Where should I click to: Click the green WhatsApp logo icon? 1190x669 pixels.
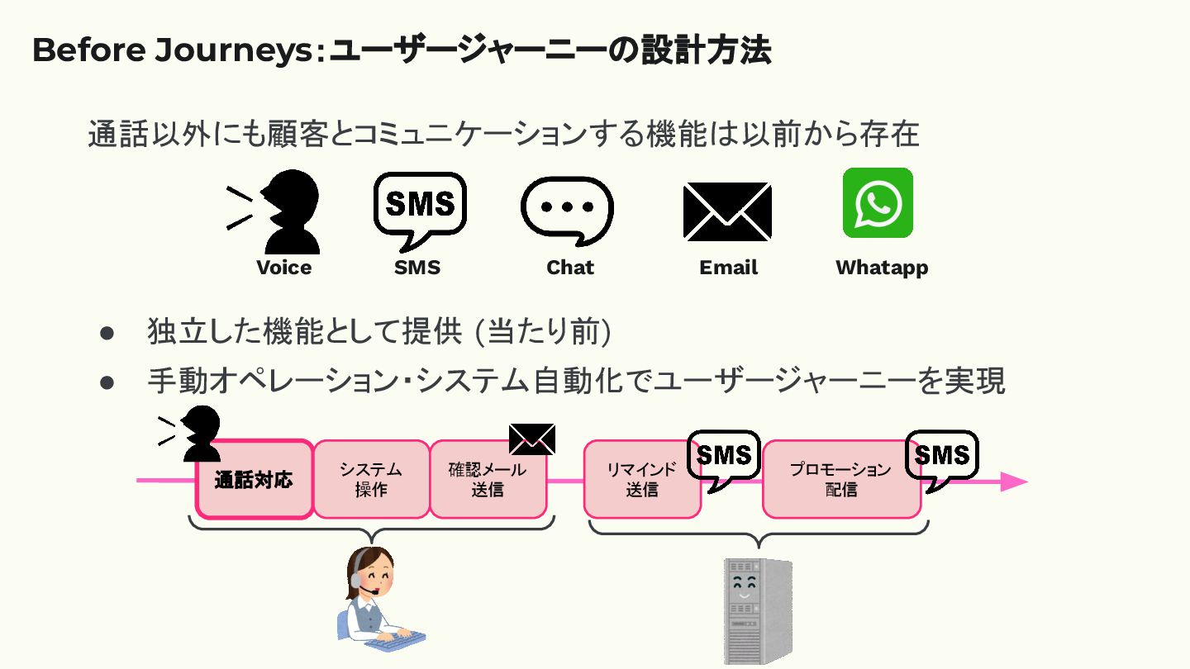(x=878, y=202)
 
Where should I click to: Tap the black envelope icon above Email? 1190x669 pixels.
(x=727, y=211)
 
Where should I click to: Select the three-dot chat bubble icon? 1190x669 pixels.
(x=567, y=206)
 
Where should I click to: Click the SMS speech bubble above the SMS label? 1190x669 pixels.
(x=420, y=204)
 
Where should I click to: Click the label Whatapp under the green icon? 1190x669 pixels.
(x=881, y=268)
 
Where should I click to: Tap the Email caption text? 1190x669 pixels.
(x=728, y=268)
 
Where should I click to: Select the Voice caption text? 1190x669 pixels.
(x=283, y=268)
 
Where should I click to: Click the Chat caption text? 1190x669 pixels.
(x=570, y=268)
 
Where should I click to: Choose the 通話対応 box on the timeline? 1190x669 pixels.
(x=254, y=480)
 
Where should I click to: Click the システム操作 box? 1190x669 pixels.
(x=371, y=480)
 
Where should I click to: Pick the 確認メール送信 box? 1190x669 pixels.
(x=488, y=480)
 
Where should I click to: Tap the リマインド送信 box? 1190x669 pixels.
(x=641, y=480)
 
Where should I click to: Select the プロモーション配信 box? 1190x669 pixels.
(x=840, y=480)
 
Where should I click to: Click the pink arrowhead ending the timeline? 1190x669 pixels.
(x=1014, y=482)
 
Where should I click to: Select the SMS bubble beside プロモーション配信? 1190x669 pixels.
(x=942, y=457)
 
